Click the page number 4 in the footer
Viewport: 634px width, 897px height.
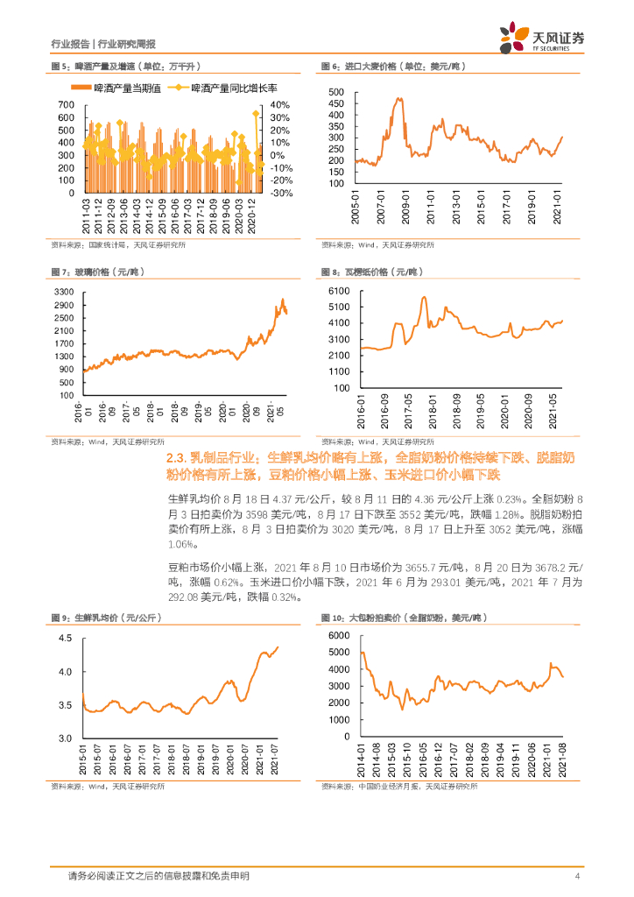tap(577, 876)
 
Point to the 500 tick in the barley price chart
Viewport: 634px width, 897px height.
tap(340, 92)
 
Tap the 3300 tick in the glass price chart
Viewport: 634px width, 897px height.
tap(65, 290)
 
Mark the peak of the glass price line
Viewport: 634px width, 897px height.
tap(282, 300)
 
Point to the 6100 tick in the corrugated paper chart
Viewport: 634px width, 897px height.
tap(339, 290)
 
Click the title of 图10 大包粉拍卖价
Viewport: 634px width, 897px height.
tap(404, 618)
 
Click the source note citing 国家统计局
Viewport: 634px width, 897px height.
tap(88, 244)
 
